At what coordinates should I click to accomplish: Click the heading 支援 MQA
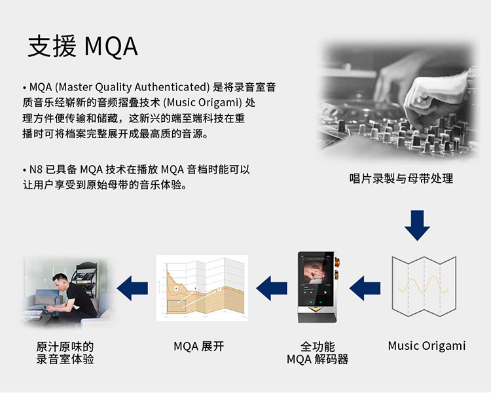tap(82, 47)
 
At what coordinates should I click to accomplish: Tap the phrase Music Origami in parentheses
tap(203, 103)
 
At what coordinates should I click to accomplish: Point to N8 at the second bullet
tap(37, 170)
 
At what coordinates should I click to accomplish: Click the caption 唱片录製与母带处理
tap(401, 178)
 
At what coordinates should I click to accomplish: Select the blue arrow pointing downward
tap(417, 225)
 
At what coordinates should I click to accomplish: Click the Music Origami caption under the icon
tap(426, 345)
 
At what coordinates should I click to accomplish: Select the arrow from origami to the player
tap(365, 286)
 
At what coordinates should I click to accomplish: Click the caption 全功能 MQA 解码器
tap(318, 352)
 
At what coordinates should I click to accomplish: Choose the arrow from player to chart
tap(271, 286)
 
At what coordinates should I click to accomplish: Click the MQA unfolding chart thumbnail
tap(202, 287)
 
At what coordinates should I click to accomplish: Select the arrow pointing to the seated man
tap(134, 286)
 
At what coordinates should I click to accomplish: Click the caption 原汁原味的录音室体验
tap(65, 352)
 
